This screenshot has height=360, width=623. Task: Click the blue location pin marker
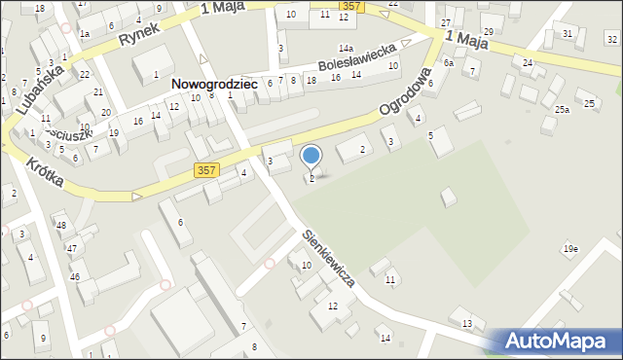pyautogui.click(x=311, y=157)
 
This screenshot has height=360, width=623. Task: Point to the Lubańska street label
pyautogui.click(x=40, y=90)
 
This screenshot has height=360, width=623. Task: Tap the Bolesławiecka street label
pyautogui.click(x=357, y=58)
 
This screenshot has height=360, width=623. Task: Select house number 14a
pyautogui.click(x=346, y=48)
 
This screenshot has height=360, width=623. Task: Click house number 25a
pyautogui.click(x=563, y=110)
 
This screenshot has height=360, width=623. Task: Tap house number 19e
pyautogui.click(x=569, y=250)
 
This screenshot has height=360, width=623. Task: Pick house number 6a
pyautogui.click(x=449, y=62)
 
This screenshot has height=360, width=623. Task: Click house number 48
pyautogui.click(x=60, y=226)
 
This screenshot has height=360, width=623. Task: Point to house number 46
pyautogui.click(x=74, y=277)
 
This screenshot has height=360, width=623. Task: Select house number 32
pyautogui.click(x=611, y=39)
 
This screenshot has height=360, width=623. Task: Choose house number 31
pyautogui.click(x=568, y=34)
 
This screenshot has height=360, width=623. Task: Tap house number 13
pyautogui.click(x=467, y=323)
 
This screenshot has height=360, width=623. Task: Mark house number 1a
pyautogui.click(x=85, y=34)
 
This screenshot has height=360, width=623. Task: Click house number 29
pyautogui.click(x=488, y=32)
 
